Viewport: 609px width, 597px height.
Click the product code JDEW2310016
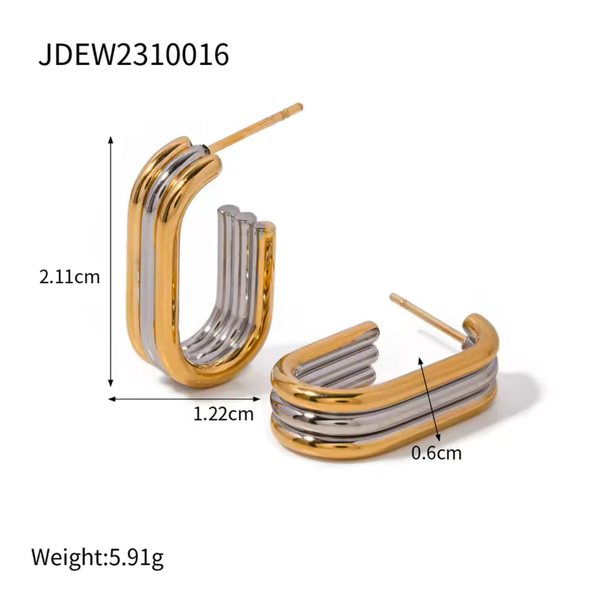pyautogui.click(x=134, y=55)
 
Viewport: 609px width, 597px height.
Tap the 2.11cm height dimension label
pyautogui.click(x=69, y=276)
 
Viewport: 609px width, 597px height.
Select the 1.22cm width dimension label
pyautogui.click(x=223, y=414)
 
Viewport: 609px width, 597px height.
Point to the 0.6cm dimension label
pyautogui.click(x=436, y=453)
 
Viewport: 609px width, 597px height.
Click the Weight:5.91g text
pyautogui.click(x=97, y=558)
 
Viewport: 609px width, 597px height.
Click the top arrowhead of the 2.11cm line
pyautogui.click(x=111, y=140)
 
